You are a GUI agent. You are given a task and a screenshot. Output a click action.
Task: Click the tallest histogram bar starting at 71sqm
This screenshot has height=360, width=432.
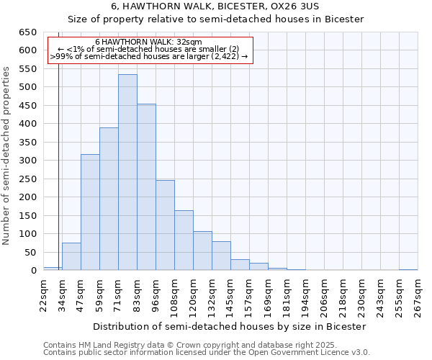127,173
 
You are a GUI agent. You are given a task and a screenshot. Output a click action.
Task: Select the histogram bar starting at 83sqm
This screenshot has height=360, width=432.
146,187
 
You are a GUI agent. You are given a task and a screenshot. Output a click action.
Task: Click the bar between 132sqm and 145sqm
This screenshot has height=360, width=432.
221,256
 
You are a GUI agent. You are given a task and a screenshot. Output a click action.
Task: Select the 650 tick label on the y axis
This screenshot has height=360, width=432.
28,32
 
